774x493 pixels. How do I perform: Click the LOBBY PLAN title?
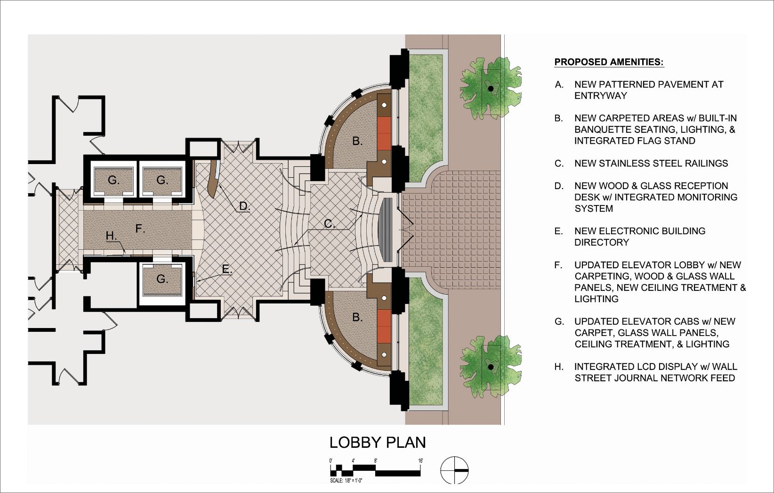click(377, 443)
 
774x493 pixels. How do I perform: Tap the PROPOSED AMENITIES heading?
click(609, 62)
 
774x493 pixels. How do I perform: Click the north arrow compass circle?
click(454, 470)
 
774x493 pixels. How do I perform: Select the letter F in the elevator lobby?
click(140, 229)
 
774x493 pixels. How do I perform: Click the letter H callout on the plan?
click(111, 236)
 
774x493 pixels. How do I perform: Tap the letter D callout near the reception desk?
click(244, 206)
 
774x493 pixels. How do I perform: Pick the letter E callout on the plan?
click(226, 269)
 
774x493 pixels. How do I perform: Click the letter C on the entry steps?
click(329, 224)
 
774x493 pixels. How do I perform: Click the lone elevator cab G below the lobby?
click(162, 279)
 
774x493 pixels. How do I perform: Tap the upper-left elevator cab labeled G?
click(113, 180)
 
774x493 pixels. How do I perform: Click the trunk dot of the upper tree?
click(490, 89)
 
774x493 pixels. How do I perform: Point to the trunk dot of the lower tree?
click(490, 367)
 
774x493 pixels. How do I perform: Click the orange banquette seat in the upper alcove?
click(384, 133)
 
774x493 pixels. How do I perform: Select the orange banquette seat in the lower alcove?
click(384, 326)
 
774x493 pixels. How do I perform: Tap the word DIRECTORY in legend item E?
click(602, 243)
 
